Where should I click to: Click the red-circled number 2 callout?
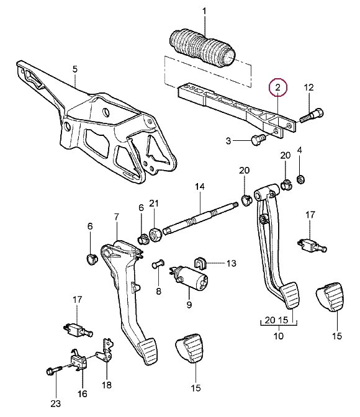(x=278, y=87)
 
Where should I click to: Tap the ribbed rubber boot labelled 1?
(x=202, y=47)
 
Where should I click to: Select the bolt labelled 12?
(x=312, y=115)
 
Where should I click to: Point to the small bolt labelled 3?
(x=258, y=140)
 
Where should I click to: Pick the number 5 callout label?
(x=75, y=69)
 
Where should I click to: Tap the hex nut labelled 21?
(x=155, y=235)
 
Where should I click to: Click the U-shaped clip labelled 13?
(x=200, y=262)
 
